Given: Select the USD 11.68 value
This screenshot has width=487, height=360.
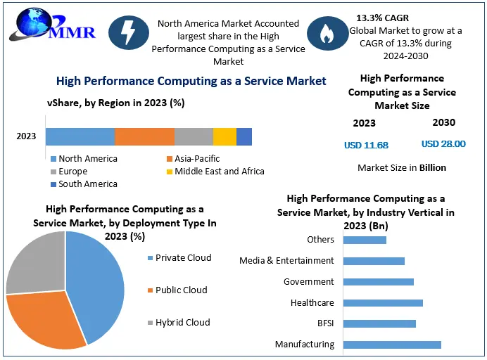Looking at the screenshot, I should pyautogui.click(x=366, y=145).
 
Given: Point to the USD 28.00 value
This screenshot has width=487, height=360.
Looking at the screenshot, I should pyautogui.click(x=443, y=143).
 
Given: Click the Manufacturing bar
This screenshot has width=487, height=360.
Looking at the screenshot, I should pyautogui.click(x=392, y=345).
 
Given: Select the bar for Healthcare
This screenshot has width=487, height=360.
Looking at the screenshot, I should pyautogui.click(x=383, y=303).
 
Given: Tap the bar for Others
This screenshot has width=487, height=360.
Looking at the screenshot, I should pyautogui.click(x=365, y=240).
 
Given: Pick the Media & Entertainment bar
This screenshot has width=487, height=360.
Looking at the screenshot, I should pyautogui.click(x=374, y=261).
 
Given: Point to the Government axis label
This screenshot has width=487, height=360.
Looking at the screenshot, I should pyautogui.click(x=308, y=282).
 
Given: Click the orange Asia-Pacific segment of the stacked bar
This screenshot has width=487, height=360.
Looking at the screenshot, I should pyautogui.click(x=144, y=136).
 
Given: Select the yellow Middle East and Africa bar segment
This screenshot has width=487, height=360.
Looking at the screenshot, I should pyautogui.click(x=224, y=136).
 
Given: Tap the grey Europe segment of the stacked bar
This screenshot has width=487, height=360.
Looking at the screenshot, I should pyautogui.click(x=194, y=136).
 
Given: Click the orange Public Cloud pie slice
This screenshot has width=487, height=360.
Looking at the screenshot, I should pyautogui.click(x=46, y=320).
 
